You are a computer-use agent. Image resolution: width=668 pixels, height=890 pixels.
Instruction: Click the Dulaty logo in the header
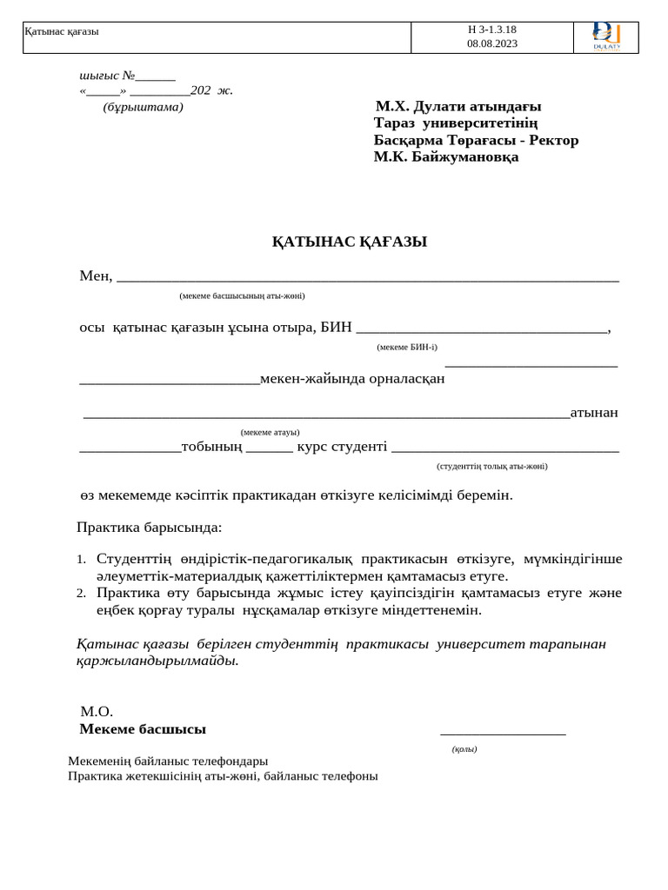click(x=606, y=37)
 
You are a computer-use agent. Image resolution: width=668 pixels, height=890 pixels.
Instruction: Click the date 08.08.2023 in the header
click(x=491, y=43)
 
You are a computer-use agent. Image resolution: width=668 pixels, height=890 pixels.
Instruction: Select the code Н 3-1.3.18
click(x=491, y=30)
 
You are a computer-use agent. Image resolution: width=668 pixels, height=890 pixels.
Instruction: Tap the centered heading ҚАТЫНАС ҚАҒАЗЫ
click(x=349, y=242)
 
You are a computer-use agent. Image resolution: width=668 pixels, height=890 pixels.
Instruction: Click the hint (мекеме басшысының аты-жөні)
click(x=242, y=296)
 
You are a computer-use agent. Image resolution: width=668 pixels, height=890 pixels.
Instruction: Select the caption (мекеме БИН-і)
click(x=407, y=347)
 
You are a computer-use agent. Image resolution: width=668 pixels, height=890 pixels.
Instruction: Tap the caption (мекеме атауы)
click(x=270, y=432)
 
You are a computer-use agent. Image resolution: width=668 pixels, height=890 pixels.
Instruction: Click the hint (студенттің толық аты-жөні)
click(x=492, y=466)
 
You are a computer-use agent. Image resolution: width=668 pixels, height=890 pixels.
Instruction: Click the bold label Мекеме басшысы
click(x=143, y=729)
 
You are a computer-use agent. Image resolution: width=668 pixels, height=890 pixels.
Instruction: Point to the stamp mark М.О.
click(x=97, y=712)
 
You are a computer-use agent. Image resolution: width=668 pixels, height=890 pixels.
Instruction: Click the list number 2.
click(x=80, y=594)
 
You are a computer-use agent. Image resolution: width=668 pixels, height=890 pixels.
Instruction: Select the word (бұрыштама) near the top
click(x=143, y=107)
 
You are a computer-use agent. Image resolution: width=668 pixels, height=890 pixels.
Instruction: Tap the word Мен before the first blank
click(x=95, y=276)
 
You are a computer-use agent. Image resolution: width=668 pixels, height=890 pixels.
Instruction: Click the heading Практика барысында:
click(x=149, y=528)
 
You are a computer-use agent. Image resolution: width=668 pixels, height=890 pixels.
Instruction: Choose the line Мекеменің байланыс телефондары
click(x=168, y=760)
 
